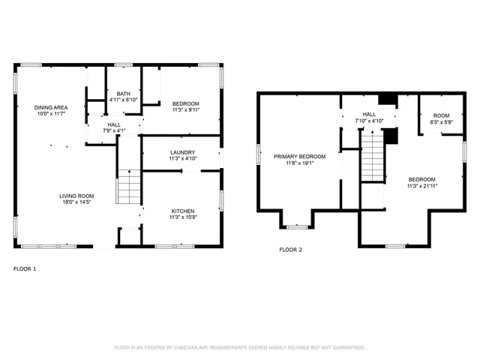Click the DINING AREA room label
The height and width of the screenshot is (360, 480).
click(x=50, y=107)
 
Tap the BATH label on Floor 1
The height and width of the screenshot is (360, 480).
click(x=124, y=93)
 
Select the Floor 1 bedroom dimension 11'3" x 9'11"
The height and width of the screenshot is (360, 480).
click(x=185, y=109)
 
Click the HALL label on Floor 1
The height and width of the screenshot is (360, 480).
click(x=114, y=124)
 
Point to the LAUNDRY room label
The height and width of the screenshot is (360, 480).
click(x=182, y=152)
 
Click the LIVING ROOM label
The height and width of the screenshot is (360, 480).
click(x=77, y=196)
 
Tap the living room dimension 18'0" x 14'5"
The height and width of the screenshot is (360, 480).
click(x=77, y=202)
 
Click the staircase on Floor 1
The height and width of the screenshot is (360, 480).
click(x=129, y=187)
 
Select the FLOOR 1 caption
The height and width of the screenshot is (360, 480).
click(x=25, y=268)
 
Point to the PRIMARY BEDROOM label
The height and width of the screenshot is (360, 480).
click(x=299, y=156)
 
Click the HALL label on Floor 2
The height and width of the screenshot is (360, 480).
click(x=369, y=114)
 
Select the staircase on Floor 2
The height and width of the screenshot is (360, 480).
click(x=373, y=156)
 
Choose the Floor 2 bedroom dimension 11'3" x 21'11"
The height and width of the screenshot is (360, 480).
click(x=421, y=185)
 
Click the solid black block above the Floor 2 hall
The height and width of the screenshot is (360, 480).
click(x=387, y=100)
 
